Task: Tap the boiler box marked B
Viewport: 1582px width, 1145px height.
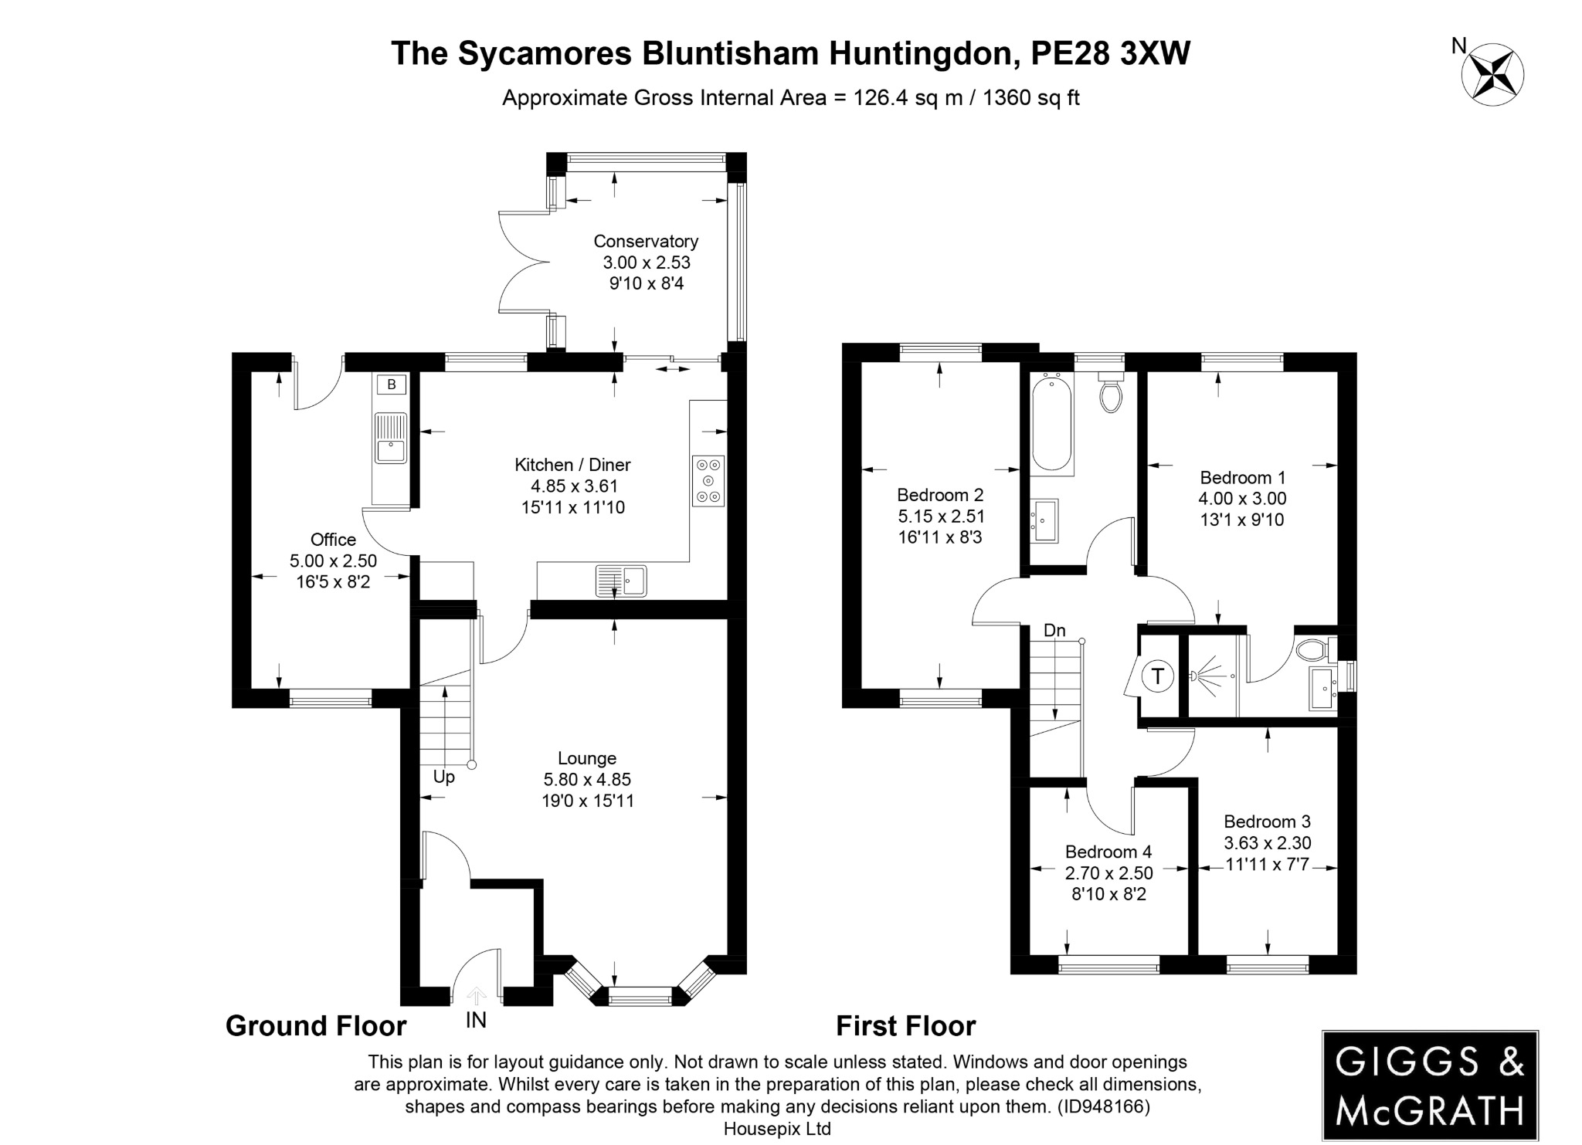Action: [391, 384]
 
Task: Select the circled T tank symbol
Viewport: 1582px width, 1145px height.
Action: [1157, 676]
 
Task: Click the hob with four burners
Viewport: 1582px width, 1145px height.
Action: [708, 480]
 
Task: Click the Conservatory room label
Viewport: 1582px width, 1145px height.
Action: [646, 242]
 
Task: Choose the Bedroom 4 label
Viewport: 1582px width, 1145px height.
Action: [1108, 852]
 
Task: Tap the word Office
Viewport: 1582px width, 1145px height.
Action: [333, 540]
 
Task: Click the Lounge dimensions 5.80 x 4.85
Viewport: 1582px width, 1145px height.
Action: [587, 780]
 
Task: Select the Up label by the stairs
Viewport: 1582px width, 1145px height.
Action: [443, 777]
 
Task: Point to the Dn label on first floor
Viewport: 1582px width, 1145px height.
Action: [1054, 631]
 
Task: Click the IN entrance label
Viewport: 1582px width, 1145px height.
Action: [476, 1021]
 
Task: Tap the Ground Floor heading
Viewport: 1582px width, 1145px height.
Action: [316, 1026]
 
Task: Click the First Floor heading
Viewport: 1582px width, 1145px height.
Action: [905, 1026]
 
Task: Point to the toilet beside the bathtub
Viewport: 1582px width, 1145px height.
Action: [1111, 394]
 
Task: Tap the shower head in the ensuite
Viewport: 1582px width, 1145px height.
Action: [1197, 676]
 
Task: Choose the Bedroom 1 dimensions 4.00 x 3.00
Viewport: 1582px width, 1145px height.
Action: [1242, 499]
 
